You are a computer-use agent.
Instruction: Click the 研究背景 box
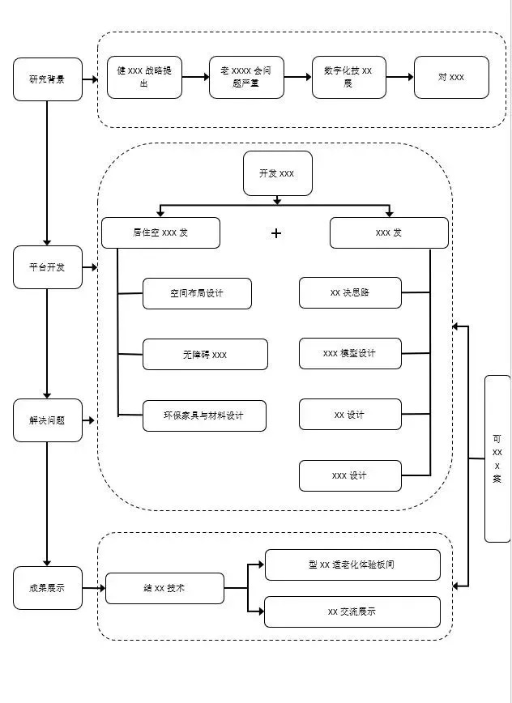point(48,79)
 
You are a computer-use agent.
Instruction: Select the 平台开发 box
point(48,267)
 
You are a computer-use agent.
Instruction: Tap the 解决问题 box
point(48,420)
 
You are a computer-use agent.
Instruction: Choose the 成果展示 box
point(48,588)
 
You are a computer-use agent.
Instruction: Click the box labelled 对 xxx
point(451,78)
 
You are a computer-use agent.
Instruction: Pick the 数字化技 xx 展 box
point(348,78)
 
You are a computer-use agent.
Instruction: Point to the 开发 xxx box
point(277,173)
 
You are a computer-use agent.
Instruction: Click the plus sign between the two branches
point(276,233)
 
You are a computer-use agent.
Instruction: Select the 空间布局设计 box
point(197,293)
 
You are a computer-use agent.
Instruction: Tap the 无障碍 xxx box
point(205,355)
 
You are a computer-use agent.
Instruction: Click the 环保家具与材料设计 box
point(205,415)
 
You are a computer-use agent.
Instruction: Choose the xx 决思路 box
point(350,293)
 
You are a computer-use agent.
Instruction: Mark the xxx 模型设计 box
point(350,354)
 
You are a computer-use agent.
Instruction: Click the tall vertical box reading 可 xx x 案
point(497,458)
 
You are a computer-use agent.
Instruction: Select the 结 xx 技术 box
point(164,588)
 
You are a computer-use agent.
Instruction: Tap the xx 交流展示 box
point(352,611)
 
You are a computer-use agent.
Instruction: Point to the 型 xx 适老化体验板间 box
point(352,565)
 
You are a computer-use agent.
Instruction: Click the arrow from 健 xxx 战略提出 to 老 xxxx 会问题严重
point(195,78)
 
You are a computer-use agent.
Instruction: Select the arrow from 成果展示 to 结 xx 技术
point(94,588)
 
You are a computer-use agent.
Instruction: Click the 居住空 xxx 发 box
point(161,232)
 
